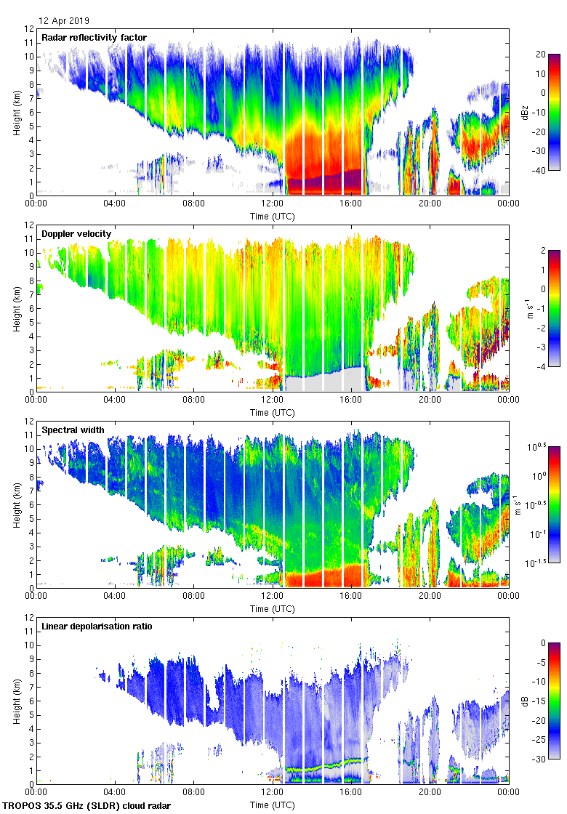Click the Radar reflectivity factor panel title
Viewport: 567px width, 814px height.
pos(94,38)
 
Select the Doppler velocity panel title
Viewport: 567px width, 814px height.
pos(76,234)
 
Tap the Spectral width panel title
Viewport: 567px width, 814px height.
pos(73,430)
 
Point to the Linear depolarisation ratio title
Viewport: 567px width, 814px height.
pos(97,626)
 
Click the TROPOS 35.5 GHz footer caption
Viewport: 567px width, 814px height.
pos(87,805)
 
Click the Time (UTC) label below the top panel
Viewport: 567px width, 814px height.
pos(273,216)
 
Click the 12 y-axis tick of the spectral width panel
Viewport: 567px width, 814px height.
pos(27,422)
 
